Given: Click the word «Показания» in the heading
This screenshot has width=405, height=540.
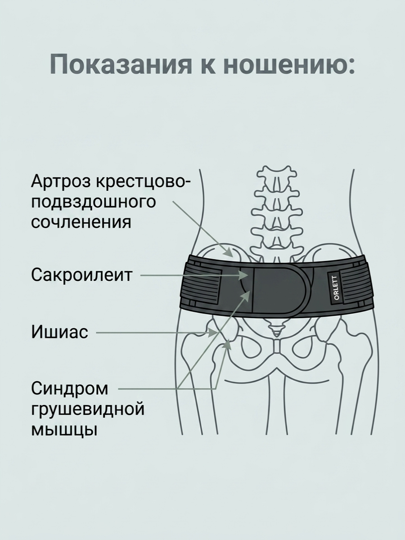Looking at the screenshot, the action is click(121, 64).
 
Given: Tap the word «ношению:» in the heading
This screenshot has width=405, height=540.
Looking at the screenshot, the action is click(290, 64).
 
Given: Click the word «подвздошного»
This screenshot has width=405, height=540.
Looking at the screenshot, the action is click(94, 202).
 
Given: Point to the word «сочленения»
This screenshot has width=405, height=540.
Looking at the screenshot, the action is click(81, 222).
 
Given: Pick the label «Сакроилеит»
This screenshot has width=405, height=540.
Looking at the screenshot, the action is click(81, 275).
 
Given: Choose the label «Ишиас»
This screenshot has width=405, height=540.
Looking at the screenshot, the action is click(59, 332).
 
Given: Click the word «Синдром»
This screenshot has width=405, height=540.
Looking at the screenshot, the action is click(70, 390).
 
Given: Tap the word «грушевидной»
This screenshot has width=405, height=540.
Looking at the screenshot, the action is click(88, 409).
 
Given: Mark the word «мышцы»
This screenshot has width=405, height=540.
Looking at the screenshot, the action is click(64, 429).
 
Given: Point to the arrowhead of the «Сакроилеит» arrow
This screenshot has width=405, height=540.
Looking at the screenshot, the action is click(245, 275).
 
